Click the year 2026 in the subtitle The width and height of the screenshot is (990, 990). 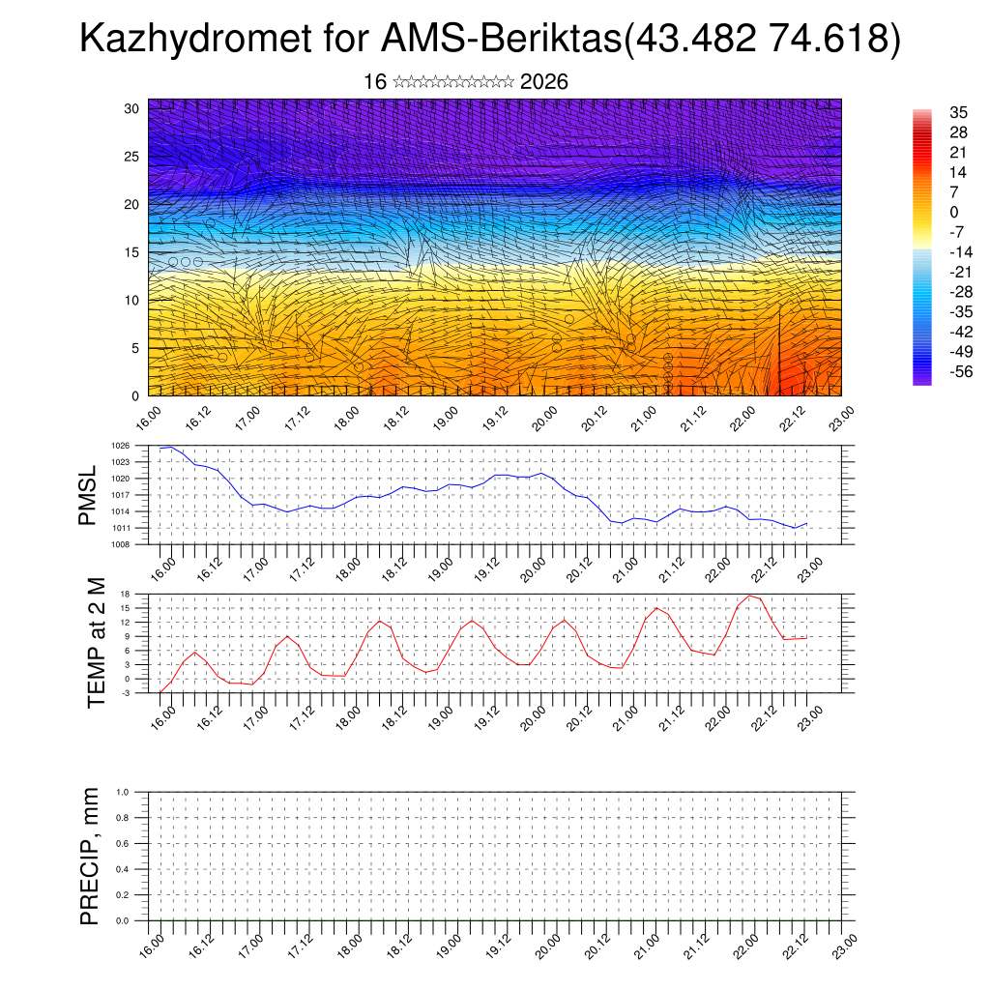[543, 82]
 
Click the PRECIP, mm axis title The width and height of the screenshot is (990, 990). [90, 856]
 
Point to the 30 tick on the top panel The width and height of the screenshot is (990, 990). [132, 108]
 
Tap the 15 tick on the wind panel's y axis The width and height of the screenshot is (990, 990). [132, 252]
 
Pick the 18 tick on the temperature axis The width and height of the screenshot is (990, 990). [139, 593]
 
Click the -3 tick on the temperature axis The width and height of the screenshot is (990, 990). [139, 693]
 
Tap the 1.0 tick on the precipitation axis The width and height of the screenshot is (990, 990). [135, 792]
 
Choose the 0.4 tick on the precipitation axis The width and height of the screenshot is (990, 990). [135, 869]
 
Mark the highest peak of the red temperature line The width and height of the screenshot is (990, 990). [748, 595]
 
